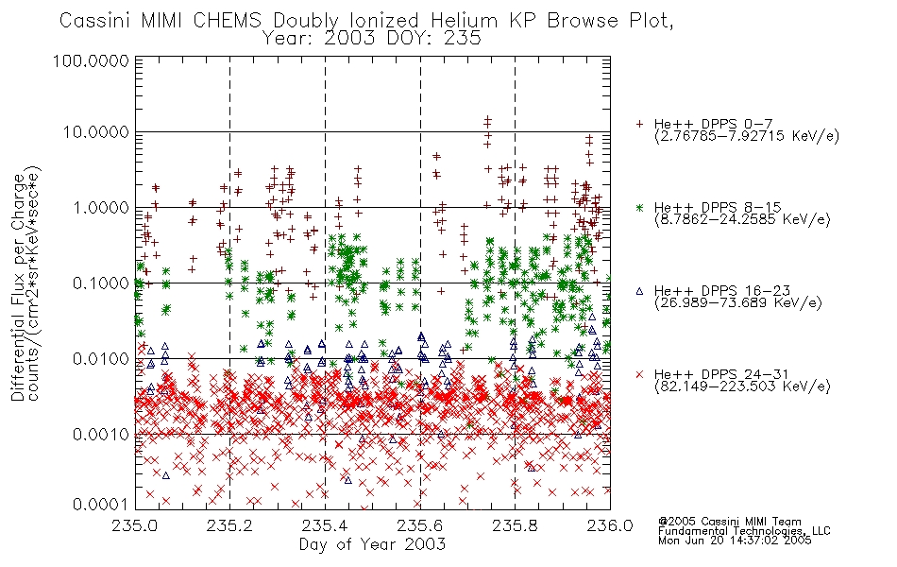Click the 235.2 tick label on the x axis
point(229,525)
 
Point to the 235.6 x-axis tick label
point(420,525)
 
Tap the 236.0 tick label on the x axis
point(610,525)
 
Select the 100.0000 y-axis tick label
point(91,60)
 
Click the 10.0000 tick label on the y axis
point(96,132)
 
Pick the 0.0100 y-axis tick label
point(101,359)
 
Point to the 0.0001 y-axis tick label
point(101,504)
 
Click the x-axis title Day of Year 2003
point(372,544)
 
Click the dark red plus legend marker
point(639,124)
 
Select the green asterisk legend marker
point(639,208)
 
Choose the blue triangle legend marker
point(639,291)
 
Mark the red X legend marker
point(639,374)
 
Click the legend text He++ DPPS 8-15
point(718,207)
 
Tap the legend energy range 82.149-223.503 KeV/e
point(742,387)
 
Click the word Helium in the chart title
point(464,21)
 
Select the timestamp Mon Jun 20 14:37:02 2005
point(735,541)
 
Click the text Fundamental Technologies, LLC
point(744,531)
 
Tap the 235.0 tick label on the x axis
point(135,525)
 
